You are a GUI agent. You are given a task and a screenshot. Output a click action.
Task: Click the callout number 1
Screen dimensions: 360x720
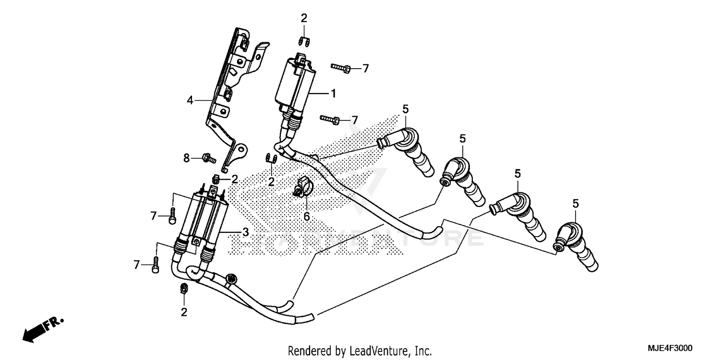pos(333,94)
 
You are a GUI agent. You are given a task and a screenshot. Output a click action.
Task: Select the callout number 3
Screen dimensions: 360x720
pos(245,232)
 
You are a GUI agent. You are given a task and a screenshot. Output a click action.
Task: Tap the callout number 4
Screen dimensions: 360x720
pos(191,100)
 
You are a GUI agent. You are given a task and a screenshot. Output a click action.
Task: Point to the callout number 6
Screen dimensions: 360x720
pos(306,216)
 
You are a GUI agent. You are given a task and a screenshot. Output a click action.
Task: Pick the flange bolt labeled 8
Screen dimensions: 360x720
pos(208,157)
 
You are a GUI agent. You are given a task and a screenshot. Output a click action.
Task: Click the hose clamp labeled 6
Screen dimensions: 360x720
pos(302,187)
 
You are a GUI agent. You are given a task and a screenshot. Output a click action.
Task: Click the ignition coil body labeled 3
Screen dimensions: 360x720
pos(209,216)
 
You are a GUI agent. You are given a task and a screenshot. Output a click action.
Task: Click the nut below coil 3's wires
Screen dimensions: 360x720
pos(183,288)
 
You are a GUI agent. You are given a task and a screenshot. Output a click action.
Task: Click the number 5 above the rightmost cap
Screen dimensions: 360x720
pos(576,204)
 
